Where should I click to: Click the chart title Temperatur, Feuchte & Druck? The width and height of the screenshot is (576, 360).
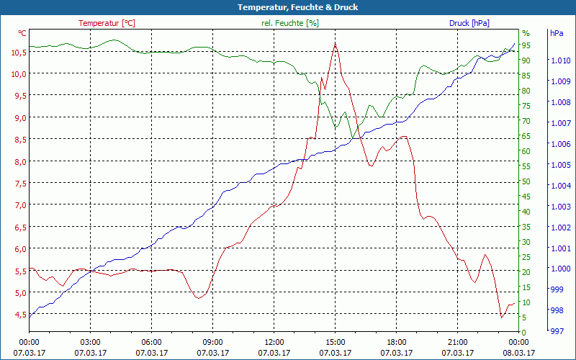288,7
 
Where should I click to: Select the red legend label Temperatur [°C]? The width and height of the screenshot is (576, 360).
107,23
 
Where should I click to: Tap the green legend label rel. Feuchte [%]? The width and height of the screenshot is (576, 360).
289,23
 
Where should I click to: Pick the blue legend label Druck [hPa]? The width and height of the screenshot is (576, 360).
469,23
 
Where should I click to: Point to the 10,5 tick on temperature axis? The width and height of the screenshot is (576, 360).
18,52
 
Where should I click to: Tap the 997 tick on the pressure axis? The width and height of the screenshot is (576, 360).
556,332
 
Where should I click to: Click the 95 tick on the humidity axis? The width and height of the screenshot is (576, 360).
526,45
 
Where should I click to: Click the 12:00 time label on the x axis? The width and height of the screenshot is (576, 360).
274,342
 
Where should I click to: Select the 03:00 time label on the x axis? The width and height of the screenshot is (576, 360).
90,342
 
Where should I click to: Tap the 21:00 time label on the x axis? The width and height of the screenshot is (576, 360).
458,342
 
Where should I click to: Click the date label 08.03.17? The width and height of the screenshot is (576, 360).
519,353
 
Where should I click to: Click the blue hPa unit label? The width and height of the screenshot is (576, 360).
556,33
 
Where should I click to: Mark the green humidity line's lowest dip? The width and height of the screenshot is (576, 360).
354,138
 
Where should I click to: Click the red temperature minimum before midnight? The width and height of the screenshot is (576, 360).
501,317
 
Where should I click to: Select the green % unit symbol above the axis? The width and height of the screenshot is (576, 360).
526,33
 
